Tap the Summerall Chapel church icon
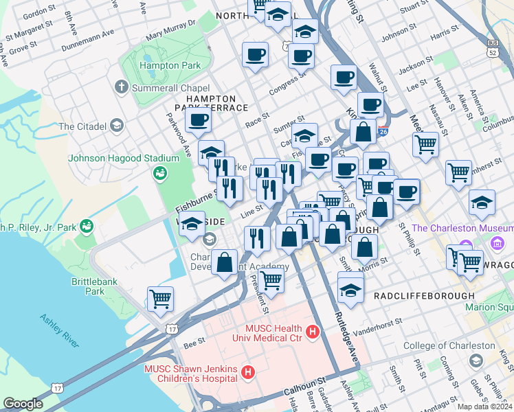(122, 87)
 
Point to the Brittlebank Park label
(97, 286)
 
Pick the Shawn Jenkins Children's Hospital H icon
(248, 374)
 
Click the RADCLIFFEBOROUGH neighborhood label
(424, 296)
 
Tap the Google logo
(23, 403)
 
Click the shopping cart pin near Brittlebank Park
(160, 299)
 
